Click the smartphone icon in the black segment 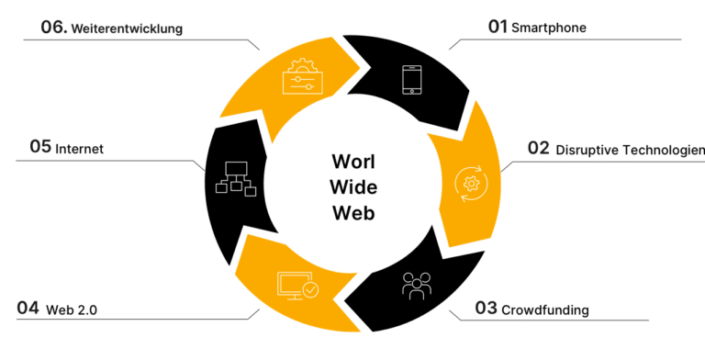pyautogui.click(x=412, y=80)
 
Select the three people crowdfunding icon pyautogui.click(x=415, y=286)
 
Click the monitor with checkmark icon pyautogui.click(x=297, y=287)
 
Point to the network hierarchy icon pyautogui.click(x=234, y=178)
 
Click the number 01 pyautogui.click(x=498, y=28)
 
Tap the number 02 pyautogui.click(x=538, y=150)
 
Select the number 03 pyautogui.click(x=486, y=309)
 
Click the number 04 pyautogui.click(x=28, y=309)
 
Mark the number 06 pyautogui.click(x=53, y=28)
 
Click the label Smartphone pyautogui.click(x=549, y=28)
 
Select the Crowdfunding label pyautogui.click(x=545, y=309)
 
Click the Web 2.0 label pyautogui.click(x=72, y=310)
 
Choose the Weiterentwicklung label pyautogui.click(x=128, y=28)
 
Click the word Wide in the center pyautogui.click(x=353, y=188)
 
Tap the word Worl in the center pyautogui.click(x=353, y=163)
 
